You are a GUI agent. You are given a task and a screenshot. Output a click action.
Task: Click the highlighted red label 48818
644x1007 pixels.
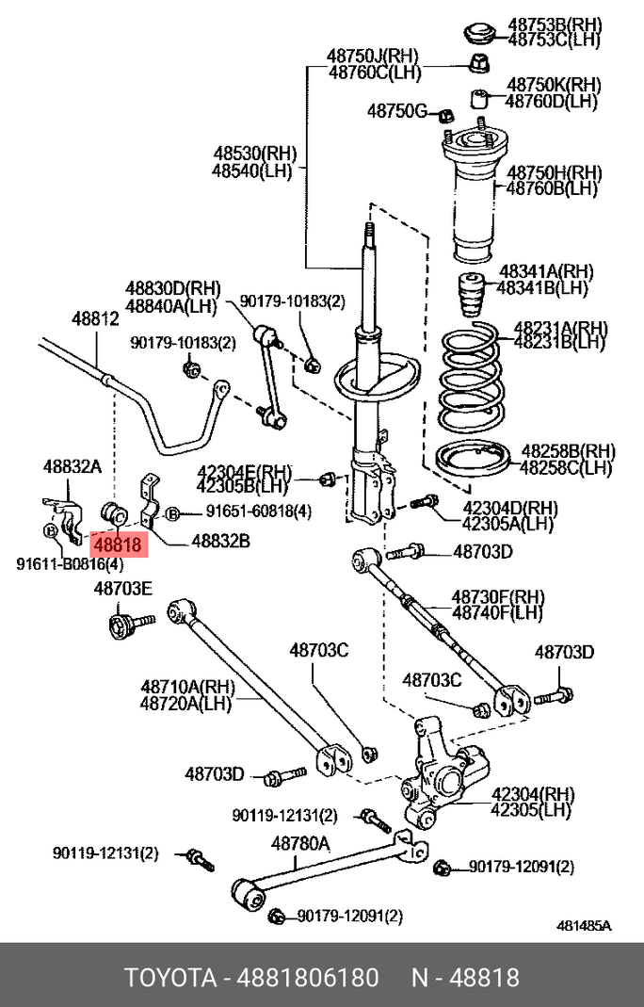(x=117, y=544)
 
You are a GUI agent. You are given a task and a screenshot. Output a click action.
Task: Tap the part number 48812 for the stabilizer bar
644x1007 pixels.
(x=96, y=319)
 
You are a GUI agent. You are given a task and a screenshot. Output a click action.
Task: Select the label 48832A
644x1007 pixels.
(x=72, y=465)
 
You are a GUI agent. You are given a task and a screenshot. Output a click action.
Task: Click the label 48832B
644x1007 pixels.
(x=220, y=542)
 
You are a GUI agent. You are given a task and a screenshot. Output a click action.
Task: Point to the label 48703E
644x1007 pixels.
(x=122, y=589)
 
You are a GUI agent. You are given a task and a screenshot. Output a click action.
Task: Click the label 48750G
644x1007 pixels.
(x=396, y=111)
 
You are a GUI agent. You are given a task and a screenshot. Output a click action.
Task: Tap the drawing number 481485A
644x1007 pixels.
(x=584, y=926)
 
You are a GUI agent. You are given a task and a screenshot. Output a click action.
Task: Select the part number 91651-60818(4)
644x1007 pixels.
(x=258, y=512)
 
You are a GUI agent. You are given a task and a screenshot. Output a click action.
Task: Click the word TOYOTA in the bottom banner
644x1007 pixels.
(x=169, y=977)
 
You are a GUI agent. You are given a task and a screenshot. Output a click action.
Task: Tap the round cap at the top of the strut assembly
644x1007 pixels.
(x=480, y=32)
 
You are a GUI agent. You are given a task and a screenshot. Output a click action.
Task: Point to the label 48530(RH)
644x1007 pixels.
(x=253, y=153)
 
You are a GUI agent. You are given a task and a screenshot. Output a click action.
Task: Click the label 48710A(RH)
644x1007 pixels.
(x=187, y=687)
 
